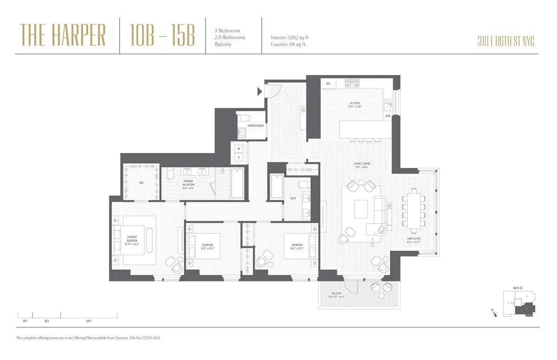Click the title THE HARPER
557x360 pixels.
click(x=63, y=36)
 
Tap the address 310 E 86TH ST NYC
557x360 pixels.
click(x=505, y=41)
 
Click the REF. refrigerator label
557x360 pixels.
click(x=328, y=84)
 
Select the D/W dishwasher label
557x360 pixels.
click(x=388, y=116)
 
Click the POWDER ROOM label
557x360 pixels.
click(x=255, y=126)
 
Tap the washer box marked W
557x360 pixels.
click(x=239, y=149)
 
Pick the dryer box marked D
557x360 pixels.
click(x=239, y=157)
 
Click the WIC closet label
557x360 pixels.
click(x=141, y=183)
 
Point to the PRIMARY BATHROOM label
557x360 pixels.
click(x=188, y=183)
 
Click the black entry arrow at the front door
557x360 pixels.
click(x=260, y=92)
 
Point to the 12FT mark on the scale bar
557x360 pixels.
click(x=88, y=321)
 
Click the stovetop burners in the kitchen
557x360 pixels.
click(x=352, y=84)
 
